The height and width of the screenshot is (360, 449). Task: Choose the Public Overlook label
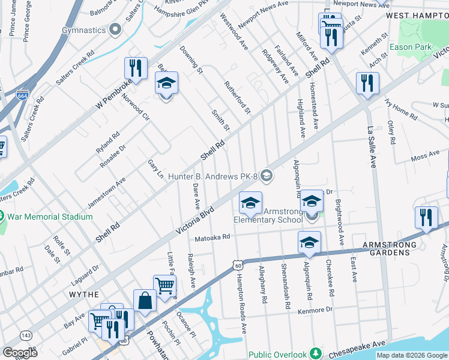[x=277, y=355]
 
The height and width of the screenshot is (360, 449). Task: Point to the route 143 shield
[x=26, y=334]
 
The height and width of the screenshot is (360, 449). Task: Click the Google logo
[x=20, y=352]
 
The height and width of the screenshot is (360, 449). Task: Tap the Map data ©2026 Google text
[x=412, y=355]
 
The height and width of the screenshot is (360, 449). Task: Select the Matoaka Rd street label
[x=210, y=237]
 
